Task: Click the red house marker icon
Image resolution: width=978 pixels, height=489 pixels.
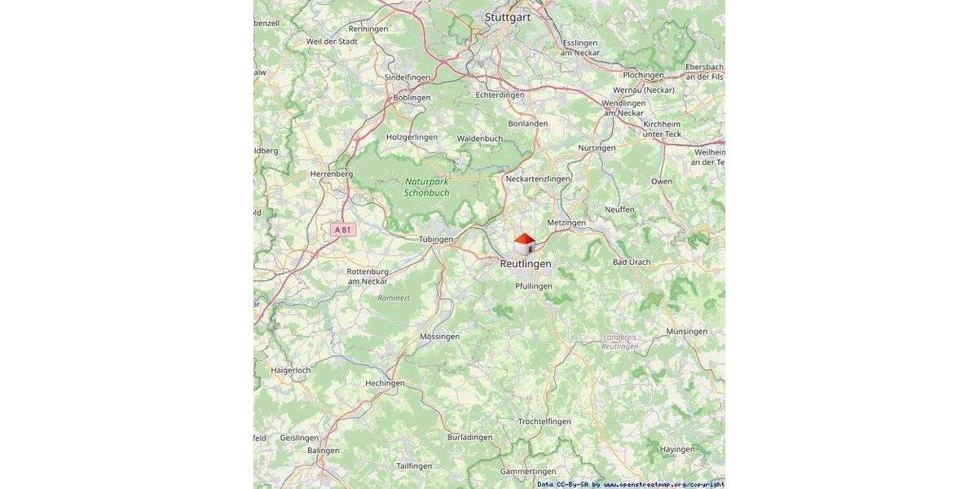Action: pyautogui.click(x=525, y=243)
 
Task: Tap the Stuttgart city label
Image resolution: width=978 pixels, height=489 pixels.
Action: pyautogui.click(x=507, y=16)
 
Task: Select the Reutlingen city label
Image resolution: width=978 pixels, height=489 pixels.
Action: pyautogui.click(x=525, y=264)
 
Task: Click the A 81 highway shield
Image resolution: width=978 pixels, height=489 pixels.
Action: pyautogui.click(x=343, y=230)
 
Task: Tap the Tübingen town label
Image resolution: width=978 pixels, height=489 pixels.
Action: pyautogui.click(x=435, y=240)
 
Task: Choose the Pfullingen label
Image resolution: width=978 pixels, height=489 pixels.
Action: pyautogui.click(x=534, y=286)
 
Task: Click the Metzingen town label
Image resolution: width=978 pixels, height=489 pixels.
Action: pyautogui.click(x=566, y=222)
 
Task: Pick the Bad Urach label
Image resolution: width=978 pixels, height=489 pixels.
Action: pyautogui.click(x=632, y=262)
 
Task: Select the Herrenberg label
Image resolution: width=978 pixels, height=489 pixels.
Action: pyautogui.click(x=331, y=174)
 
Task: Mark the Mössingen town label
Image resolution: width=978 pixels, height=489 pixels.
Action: pyautogui.click(x=439, y=337)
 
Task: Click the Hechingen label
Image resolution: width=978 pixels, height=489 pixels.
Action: pyautogui.click(x=385, y=383)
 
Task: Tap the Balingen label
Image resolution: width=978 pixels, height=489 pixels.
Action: pyautogui.click(x=323, y=451)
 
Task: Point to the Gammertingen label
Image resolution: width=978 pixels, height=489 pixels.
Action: pyautogui.click(x=528, y=472)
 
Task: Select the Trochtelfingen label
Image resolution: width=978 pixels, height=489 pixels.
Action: pyautogui.click(x=544, y=421)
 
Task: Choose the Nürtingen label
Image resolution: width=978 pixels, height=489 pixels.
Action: pyautogui.click(x=597, y=148)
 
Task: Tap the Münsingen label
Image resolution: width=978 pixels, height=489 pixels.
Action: pyautogui.click(x=686, y=332)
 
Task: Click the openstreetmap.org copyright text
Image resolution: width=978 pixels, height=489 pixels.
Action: pyautogui.click(x=663, y=484)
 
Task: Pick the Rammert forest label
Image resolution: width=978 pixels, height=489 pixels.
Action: pyautogui.click(x=394, y=298)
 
